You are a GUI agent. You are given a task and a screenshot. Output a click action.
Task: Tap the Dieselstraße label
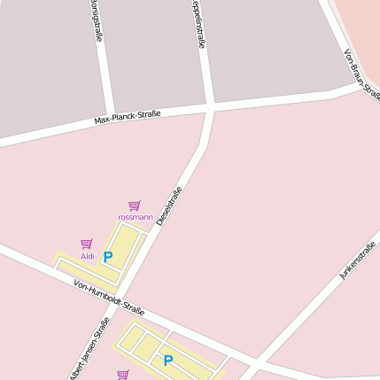click(x=169, y=206)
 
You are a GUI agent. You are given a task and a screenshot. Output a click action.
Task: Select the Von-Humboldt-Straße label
click(x=110, y=298)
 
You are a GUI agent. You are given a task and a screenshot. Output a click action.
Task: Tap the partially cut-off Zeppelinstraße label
click(x=198, y=22)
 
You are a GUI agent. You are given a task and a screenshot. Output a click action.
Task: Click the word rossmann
click(x=135, y=217)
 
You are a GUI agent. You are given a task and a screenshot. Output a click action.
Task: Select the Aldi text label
click(x=88, y=256)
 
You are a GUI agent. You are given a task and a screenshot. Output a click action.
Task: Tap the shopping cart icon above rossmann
click(x=135, y=206)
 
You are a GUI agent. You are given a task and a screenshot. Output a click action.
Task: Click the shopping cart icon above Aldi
click(x=87, y=244)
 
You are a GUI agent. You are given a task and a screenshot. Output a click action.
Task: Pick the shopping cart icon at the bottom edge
click(x=122, y=375)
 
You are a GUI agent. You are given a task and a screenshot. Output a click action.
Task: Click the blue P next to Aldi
click(x=108, y=257)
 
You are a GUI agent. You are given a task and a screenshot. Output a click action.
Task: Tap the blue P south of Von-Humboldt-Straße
click(x=167, y=361)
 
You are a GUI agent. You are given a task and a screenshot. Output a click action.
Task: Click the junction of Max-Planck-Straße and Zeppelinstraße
click(x=211, y=108)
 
